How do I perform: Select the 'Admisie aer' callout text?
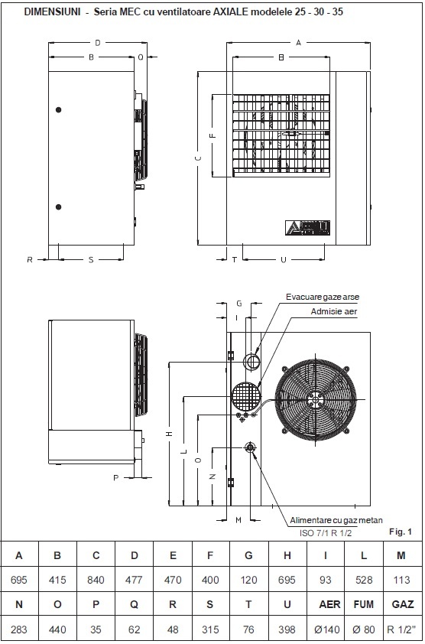pos(334,311)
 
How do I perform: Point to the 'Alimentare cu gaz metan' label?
pos(336,520)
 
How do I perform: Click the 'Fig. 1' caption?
pos(400,532)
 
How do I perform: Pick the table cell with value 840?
pos(96,580)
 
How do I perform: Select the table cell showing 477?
pos(134,580)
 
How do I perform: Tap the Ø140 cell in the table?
pos(325,629)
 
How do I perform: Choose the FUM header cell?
pos(364,604)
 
